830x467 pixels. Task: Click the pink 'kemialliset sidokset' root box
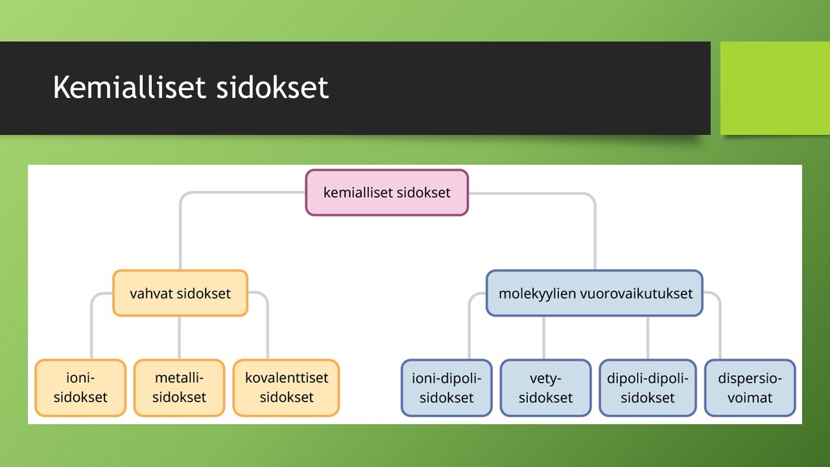click(x=387, y=193)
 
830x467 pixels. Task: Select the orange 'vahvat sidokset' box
click(x=180, y=293)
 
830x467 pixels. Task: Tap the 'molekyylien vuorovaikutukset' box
click(x=595, y=293)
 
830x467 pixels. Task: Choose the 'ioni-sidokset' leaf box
click(x=80, y=388)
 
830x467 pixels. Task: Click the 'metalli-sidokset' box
click(x=179, y=388)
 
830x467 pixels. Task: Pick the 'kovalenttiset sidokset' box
click(x=286, y=388)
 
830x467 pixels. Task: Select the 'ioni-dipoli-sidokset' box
click(x=447, y=388)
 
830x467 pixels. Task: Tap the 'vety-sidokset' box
click(x=545, y=388)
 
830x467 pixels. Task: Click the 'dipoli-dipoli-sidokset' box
click(x=647, y=388)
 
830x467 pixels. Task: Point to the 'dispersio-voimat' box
click(x=750, y=388)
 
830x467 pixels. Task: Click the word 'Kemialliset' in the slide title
click(x=129, y=87)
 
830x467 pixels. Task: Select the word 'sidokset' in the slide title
click(x=272, y=87)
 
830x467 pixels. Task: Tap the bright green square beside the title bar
click(x=775, y=88)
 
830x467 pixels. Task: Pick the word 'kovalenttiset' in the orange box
click(x=287, y=378)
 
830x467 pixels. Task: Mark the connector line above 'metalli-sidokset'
click(x=180, y=338)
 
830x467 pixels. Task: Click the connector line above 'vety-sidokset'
click(x=543, y=338)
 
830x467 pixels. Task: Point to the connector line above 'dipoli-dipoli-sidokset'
click(x=648, y=338)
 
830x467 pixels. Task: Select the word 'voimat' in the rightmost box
click(x=750, y=398)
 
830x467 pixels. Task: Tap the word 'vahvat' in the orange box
click(x=151, y=294)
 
